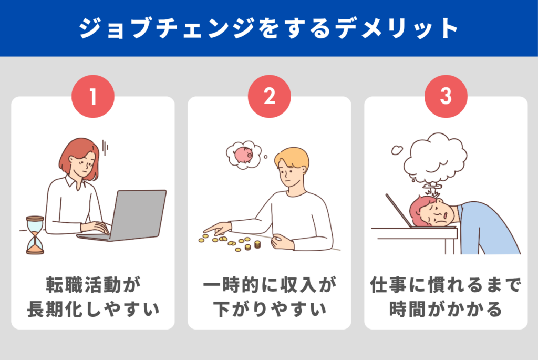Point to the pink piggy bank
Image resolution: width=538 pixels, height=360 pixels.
coord(243,154)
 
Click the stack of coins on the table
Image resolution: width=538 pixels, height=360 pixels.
coord(257,244)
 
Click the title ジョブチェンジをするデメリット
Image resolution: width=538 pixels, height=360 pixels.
coord(269,28)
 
